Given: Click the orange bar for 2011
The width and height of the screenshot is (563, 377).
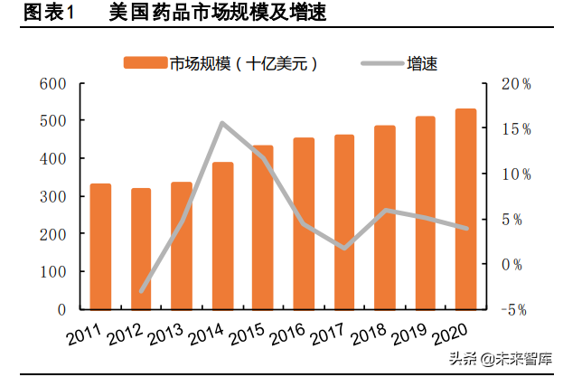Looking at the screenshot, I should tap(100, 246).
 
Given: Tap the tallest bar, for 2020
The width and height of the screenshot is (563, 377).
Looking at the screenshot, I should tap(465, 209).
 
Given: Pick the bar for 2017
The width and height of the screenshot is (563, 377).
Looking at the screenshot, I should tap(344, 221).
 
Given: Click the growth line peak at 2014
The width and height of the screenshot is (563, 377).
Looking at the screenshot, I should tap(223, 123).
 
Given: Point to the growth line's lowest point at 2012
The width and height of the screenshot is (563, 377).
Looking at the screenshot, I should tap(142, 292).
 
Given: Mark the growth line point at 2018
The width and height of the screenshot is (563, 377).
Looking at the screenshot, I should tap(385, 210).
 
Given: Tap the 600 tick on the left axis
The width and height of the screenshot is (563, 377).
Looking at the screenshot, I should tap(53, 83).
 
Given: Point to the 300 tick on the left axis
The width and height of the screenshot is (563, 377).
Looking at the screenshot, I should tap(53, 196).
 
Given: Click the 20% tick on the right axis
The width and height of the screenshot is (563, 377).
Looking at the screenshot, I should tap(516, 83).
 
